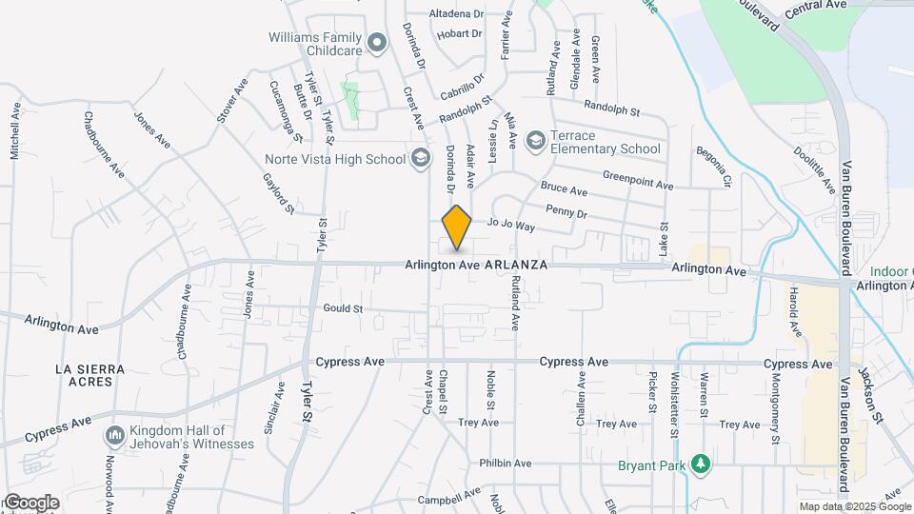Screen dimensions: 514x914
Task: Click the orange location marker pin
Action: point(457,227)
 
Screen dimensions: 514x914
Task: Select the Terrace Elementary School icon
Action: point(536,141)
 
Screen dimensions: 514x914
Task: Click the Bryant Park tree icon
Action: point(702,464)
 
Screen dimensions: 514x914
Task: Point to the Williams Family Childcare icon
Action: point(378,42)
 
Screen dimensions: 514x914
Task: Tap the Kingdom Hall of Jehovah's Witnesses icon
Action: point(115,436)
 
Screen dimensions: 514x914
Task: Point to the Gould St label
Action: point(344,308)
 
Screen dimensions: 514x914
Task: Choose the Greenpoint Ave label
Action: point(638,177)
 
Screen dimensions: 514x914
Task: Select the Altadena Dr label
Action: point(457,14)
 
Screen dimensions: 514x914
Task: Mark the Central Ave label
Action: point(816,5)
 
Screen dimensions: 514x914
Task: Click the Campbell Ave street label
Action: point(452,497)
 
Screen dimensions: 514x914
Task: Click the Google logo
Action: point(30,503)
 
